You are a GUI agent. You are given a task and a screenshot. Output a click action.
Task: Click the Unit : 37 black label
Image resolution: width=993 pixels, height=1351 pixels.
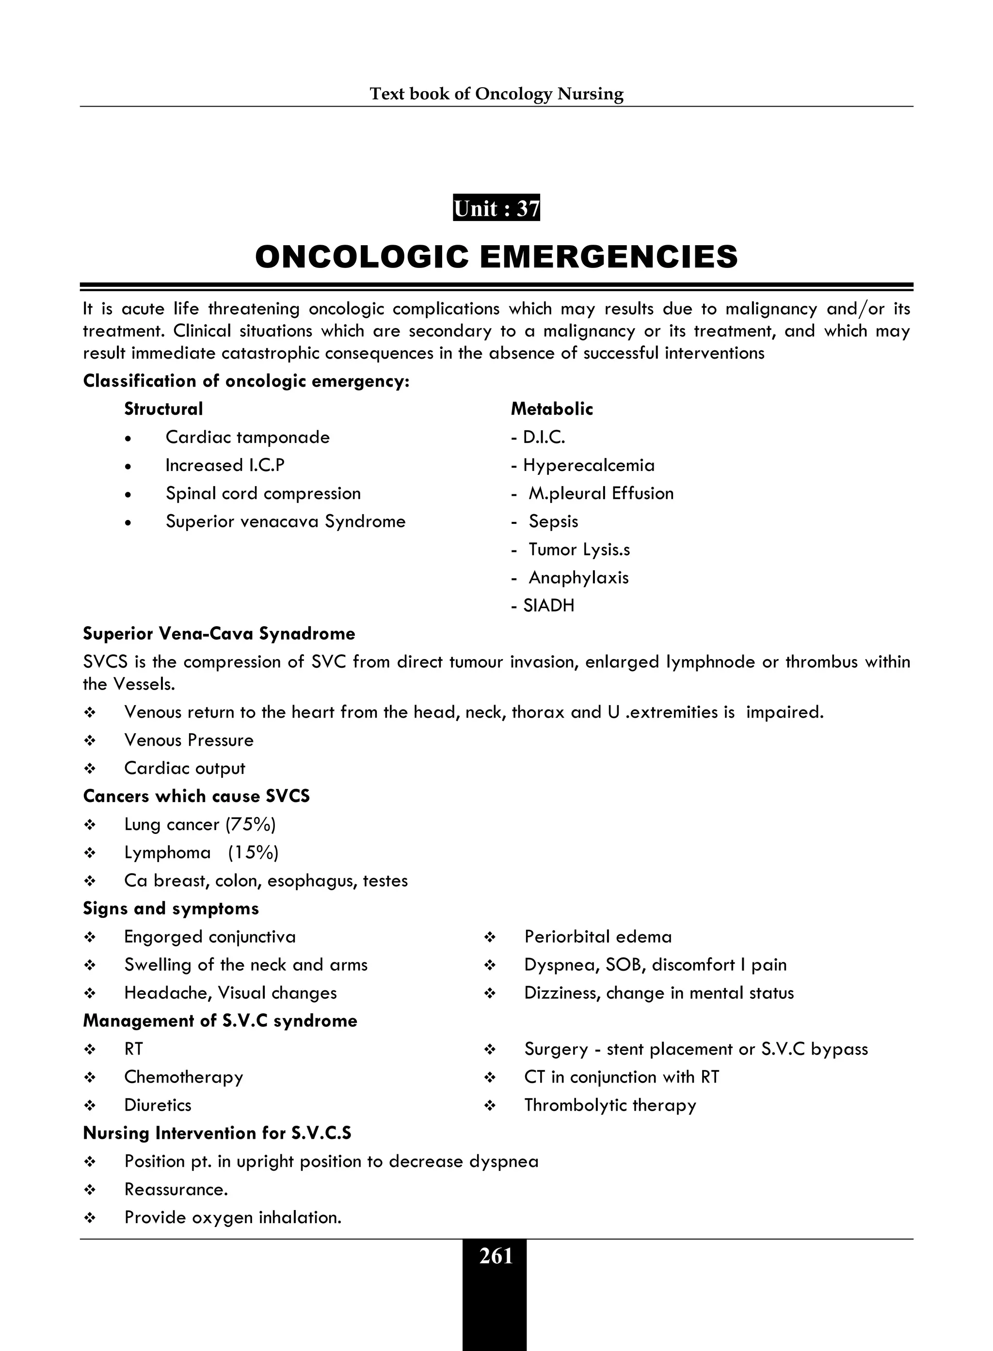(x=496, y=208)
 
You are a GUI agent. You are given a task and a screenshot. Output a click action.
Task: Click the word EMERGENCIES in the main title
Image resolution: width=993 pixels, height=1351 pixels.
(x=609, y=257)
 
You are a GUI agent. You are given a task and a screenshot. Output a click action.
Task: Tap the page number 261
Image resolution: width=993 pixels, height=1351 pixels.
(x=496, y=1256)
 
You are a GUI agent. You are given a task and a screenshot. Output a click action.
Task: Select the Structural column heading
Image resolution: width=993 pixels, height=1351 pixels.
(x=163, y=409)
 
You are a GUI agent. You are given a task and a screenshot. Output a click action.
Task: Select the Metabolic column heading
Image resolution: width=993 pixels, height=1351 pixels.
(x=552, y=409)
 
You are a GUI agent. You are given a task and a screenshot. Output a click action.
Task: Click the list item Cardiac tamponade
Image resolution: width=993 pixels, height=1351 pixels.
(x=248, y=437)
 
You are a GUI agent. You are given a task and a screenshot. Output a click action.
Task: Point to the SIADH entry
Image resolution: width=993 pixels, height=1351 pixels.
(x=548, y=606)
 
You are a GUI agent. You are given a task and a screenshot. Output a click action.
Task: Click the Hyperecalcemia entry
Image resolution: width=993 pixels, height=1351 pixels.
(x=589, y=466)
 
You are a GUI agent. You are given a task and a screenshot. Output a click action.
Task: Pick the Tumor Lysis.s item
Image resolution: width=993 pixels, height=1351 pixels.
(x=579, y=550)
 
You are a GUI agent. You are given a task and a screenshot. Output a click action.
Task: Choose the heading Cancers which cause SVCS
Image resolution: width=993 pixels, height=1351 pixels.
(x=196, y=797)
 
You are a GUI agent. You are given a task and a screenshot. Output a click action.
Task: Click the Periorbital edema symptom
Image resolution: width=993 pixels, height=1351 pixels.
(x=598, y=937)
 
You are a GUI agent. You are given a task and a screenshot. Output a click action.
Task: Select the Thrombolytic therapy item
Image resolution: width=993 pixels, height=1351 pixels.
(x=610, y=1105)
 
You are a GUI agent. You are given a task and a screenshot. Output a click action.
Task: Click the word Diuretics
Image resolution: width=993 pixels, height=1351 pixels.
(x=158, y=1105)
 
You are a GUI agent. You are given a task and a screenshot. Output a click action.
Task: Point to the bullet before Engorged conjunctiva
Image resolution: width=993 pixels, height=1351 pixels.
(x=90, y=938)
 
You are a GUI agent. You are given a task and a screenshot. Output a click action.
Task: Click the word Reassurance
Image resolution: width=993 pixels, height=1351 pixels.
(x=176, y=1190)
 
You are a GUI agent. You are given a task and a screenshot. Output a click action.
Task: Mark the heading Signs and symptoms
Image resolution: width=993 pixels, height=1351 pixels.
(x=171, y=909)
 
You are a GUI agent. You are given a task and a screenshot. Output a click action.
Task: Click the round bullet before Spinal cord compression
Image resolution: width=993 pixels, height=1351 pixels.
(x=128, y=494)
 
